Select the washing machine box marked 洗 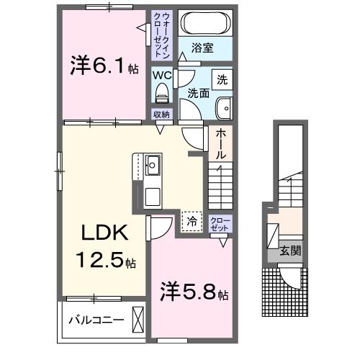point(222,80)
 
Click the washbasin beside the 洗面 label point(224,108)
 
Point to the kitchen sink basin point(153,165)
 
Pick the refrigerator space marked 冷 point(192,222)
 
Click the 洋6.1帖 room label point(104,66)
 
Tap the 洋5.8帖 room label point(194,292)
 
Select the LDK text point(104,233)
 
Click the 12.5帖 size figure point(106,261)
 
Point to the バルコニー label point(96,320)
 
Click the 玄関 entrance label point(290,251)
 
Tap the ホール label point(220,144)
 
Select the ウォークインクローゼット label point(162,35)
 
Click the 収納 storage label point(161,114)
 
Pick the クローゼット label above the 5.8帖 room point(220,224)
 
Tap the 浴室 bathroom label point(202,48)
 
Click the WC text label point(162,76)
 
